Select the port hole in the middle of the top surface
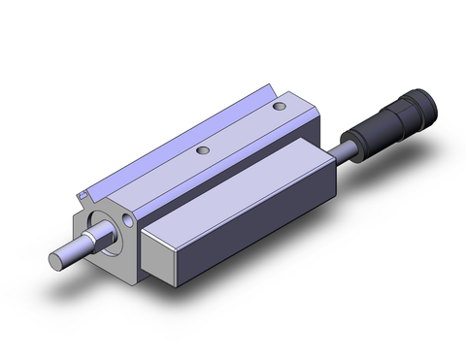click(203, 150)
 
